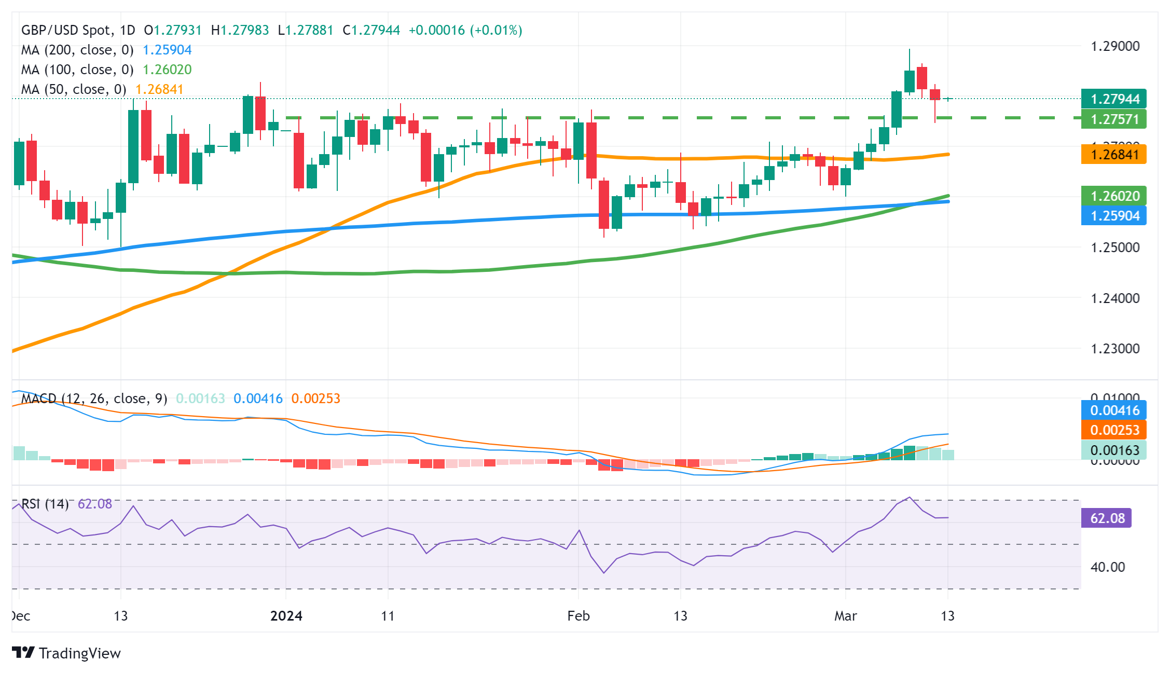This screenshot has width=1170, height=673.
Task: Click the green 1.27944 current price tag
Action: pyautogui.click(x=1113, y=99)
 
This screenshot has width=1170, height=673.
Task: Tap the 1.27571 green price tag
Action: pyautogui.click(x=1113, y=119)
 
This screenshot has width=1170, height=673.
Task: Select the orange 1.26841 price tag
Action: pyautogui.click(x=1113, y=154)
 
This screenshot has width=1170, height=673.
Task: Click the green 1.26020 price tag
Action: pyautogui.click(x=1113, y=196)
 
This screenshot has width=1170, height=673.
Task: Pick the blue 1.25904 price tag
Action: pyautogui.click(x=1113, y=215)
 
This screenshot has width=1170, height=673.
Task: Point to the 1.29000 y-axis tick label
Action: pyautogui.click(x=1115, y=46)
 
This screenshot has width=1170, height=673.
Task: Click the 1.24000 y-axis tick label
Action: pyautogui.click(x=1115, y=298)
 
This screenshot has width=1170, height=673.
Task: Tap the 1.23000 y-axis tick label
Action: pyautogui.click(x=1115, y=348)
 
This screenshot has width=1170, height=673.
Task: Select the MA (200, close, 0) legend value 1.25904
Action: pyautogui.click(x=167, y=50)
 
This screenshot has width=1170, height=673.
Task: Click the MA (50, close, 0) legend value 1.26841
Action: pyautogui.click(x=159, y=89)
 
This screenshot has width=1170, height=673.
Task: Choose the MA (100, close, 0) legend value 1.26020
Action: pyautogui.click(x=167, y=70)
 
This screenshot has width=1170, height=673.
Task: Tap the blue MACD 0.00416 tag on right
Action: pyautogui.click(x=1113, y=410)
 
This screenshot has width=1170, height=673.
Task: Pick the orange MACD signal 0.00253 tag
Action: pyautogui.click(x=1113, y=430)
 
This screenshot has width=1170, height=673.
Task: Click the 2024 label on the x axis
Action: pyautogui.click(x=286, y=616)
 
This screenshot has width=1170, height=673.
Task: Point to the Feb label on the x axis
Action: pyautogui.click(x=578, y=616)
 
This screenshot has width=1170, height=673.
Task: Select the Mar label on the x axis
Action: pyautogui.click(x=845, y=616)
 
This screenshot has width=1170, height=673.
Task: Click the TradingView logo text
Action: pyautogui.click(x=79, y=653)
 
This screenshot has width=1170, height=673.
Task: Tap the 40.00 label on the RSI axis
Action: pyautogui.click(x=1107, y=567)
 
